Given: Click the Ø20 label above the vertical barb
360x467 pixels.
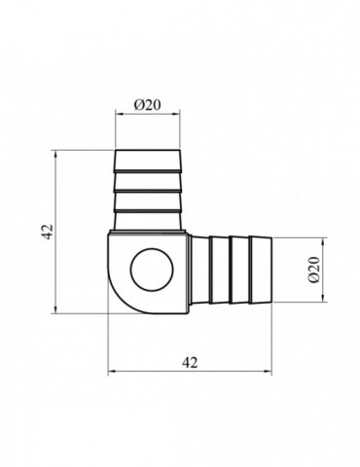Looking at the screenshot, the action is (147, 105).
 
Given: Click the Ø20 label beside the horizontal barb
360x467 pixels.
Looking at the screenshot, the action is (314, 269).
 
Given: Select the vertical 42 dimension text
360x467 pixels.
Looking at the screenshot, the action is (48, 232).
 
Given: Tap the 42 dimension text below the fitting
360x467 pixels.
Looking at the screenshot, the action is (190, 362).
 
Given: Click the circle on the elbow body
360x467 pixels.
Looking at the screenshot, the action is (152, 270).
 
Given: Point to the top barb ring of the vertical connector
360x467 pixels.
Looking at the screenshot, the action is (147, 160).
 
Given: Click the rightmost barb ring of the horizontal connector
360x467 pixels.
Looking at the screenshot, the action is (261, 270).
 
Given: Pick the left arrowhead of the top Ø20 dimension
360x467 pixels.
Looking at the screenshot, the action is (120, 114).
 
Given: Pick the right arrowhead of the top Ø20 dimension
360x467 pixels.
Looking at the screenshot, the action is (175, 114).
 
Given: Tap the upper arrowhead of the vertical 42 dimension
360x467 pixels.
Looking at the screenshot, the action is (56, 155).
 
